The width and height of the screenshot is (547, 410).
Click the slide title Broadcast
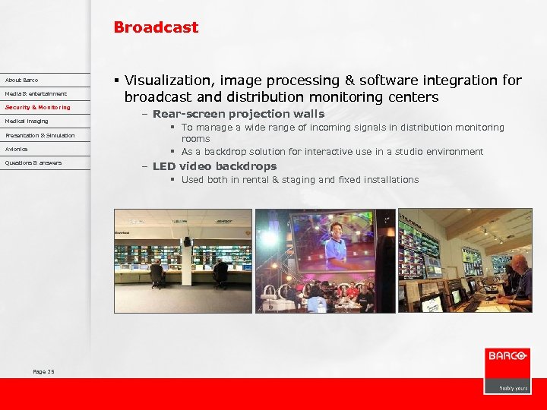[156, 27]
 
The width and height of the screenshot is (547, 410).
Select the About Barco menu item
[21, 80]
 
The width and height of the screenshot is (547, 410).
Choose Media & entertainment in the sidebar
[36, 93]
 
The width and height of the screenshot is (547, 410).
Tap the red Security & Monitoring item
[37, 107]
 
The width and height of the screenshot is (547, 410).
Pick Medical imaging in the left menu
[27, 121]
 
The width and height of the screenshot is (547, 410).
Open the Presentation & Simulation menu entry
[40, 135]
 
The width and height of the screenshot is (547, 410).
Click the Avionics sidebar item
[16, 149]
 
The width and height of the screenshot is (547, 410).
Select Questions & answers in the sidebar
[33, 162]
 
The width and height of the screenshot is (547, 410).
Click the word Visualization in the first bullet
[166, 80]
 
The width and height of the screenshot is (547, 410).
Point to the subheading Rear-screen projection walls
[238, 114]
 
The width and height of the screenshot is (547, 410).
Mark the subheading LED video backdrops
[214, 166]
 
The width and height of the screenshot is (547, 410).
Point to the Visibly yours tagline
[513, 388]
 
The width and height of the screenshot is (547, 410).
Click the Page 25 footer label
[43, 371]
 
